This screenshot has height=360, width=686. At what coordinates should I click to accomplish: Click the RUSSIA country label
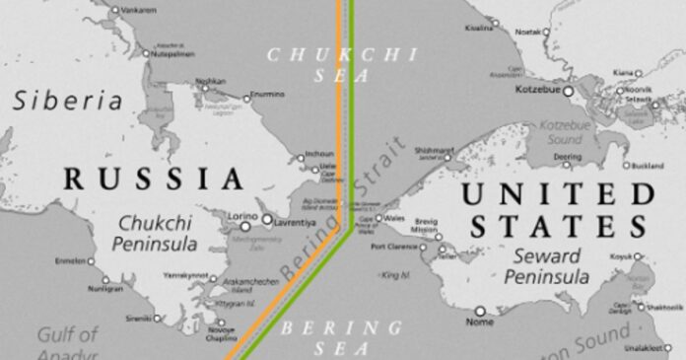(x=154, y=179)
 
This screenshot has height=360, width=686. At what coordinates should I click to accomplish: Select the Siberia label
(x=67, y=101)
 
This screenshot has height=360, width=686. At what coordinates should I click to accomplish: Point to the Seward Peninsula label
(x=545, y=268)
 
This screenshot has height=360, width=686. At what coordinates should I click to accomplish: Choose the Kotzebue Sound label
(x=564, y=134)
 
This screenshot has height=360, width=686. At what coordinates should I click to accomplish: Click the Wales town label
(x=396, y=217)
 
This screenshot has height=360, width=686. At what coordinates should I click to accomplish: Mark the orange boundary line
(x=340, y=99)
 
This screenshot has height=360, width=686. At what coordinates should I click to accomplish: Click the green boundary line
(x=351, y=99)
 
